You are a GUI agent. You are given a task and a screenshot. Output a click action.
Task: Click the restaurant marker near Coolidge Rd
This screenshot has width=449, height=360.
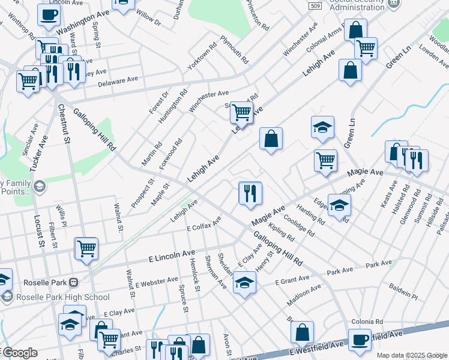(x=250, y=193)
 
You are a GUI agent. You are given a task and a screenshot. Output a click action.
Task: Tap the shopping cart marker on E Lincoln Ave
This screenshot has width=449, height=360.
(x=87, y=248)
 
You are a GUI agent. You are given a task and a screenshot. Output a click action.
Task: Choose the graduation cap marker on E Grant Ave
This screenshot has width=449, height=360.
(x=244, y=283)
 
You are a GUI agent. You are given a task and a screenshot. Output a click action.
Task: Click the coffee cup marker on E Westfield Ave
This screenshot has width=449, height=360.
(x=360, y=340)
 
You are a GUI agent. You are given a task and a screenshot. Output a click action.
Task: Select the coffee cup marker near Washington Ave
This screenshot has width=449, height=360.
(x=49, y=15)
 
